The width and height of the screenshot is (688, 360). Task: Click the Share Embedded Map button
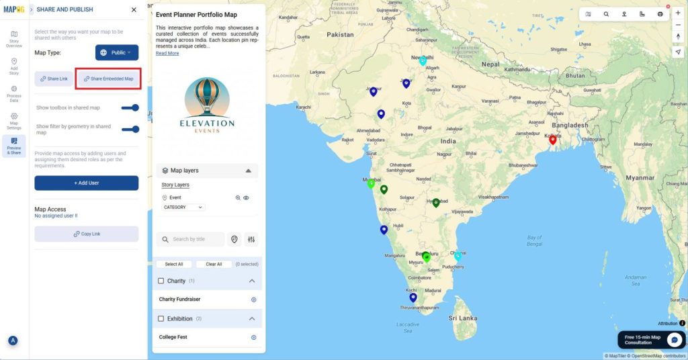[x=108, y=79]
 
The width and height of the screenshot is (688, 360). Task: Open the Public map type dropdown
[x=117, y=52]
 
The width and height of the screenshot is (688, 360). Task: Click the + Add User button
[x=86, y=183]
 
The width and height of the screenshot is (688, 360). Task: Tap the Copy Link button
[x=86, y=234]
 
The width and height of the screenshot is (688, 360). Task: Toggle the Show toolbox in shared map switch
[x=130, y=107]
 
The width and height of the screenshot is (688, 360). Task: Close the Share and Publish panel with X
[x=134, y=10]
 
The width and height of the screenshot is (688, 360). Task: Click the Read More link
[x=167, y=53]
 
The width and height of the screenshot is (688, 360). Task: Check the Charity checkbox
[x=161, y=281]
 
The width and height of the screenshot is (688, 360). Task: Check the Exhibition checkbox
[x=161, y=318]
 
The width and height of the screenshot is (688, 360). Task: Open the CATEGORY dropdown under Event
[x=183, y=208]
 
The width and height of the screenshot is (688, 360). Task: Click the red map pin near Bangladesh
[x=553, y=139]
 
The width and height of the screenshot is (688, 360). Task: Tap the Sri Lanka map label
[x=462, y=317]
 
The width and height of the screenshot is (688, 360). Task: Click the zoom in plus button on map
[x=677, y=13]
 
